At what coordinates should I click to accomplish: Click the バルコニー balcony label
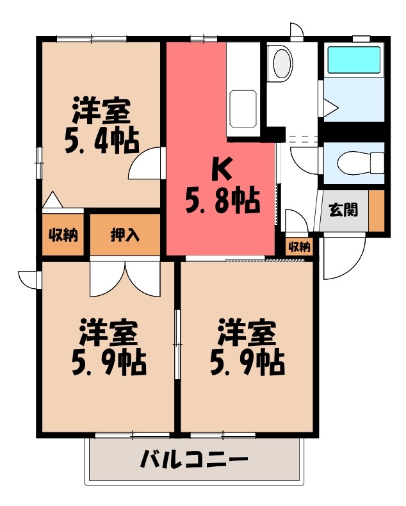(193, 460)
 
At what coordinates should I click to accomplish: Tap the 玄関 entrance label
(344, 209)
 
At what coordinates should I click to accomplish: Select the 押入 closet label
(125, 235)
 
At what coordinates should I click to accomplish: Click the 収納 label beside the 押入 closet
(63, 235)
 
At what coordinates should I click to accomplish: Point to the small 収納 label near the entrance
(299, 246)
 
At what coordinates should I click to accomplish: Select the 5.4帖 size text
(101, 141)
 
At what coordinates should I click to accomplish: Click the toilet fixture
(353, 161)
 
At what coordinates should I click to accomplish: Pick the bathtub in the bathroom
(354, 60)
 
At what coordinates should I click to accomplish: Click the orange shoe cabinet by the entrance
(377, 210)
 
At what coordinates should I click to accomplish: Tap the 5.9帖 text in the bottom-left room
(108, 363)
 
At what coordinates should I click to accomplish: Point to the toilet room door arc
(301, 159)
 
